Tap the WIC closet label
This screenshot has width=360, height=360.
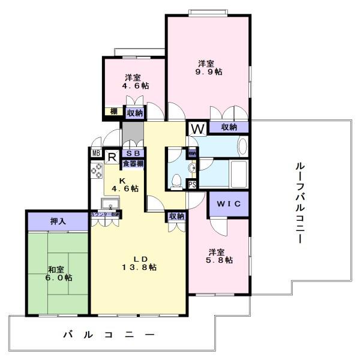pyautogui.click(x=229, y=204)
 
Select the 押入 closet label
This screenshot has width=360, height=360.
pyautogui.click(x=58, y=221)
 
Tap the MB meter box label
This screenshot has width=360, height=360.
pyautogui.click(x=95, y=152)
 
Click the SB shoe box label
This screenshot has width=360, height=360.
pyautogui.click(x=133, y=153)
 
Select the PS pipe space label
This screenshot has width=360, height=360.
pyautogui.click(x=192, y=185)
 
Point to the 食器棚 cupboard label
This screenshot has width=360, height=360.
pyautogui.click(x=133, y=163)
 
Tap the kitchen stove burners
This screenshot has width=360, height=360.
pyautogui.click(x=96, y=170)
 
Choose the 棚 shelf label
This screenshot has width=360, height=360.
pyautogui.click(x=113, y=112)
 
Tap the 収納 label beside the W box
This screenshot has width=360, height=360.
pyautogui.click(x=229, y=127)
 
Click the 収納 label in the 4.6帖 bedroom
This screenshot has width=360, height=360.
pyautogui.click(x=134, y=113)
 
